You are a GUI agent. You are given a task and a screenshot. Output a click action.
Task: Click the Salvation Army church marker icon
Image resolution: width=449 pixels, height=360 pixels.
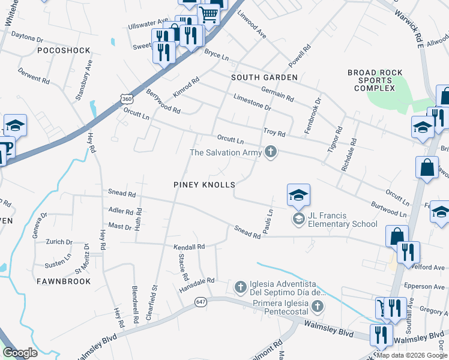click(x=271, y=152)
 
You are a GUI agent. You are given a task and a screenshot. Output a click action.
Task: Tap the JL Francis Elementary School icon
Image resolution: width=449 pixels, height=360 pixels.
click(x=298, y=218)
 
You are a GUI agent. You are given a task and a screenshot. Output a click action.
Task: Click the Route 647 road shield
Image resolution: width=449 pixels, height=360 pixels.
click(x=200, y=303)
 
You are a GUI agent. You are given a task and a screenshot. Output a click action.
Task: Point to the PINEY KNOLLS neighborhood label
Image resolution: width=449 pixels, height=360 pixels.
click(x=204, y=185)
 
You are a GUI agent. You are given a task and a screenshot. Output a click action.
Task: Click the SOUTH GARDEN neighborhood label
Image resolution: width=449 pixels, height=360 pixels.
click(x=265, y=78)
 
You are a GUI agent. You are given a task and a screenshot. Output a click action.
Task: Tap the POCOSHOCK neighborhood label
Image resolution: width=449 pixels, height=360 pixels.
click(x=64, y=51)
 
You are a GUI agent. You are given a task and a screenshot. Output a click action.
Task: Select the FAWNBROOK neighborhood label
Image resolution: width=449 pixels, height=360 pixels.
click(x=64, y=281)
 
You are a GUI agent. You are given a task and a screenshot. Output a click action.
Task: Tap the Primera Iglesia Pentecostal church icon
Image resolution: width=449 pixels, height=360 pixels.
click(x=318, y=307)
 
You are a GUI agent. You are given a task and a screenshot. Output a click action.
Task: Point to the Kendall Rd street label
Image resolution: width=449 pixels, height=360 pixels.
click(x=189, y=247)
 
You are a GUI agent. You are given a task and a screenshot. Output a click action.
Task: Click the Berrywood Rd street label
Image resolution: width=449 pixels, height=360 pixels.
click(x=163, y=101)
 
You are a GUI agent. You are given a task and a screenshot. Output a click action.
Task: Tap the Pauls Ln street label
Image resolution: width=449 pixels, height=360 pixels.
click(x=270, y=221)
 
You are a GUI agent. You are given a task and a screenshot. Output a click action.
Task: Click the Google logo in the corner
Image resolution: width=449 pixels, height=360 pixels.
click(x=20, y=353)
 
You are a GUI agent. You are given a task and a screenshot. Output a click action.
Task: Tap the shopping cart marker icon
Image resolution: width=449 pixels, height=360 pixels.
click(x=208, y=13)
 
